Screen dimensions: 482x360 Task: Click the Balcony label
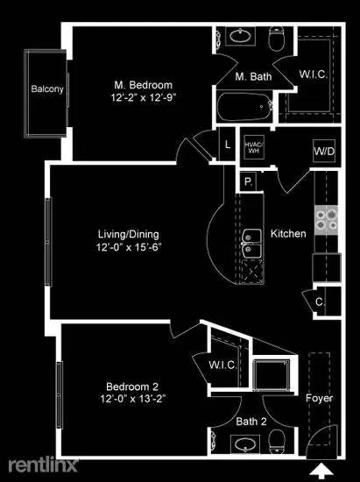(45, 89)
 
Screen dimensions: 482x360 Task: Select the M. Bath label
(252, 76)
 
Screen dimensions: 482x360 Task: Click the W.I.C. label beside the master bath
(314, 74)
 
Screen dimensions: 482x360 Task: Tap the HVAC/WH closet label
(253, 146)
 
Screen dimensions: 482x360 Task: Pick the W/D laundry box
(323, 151)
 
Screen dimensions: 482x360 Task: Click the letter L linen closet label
(227, 145)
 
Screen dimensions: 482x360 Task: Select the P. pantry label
(248, 181)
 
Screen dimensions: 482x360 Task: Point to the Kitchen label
(288, 233)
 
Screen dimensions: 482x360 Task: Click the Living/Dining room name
(128, 233)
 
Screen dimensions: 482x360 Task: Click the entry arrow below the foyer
(329, 470)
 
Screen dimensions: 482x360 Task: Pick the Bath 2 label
(251, 422)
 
